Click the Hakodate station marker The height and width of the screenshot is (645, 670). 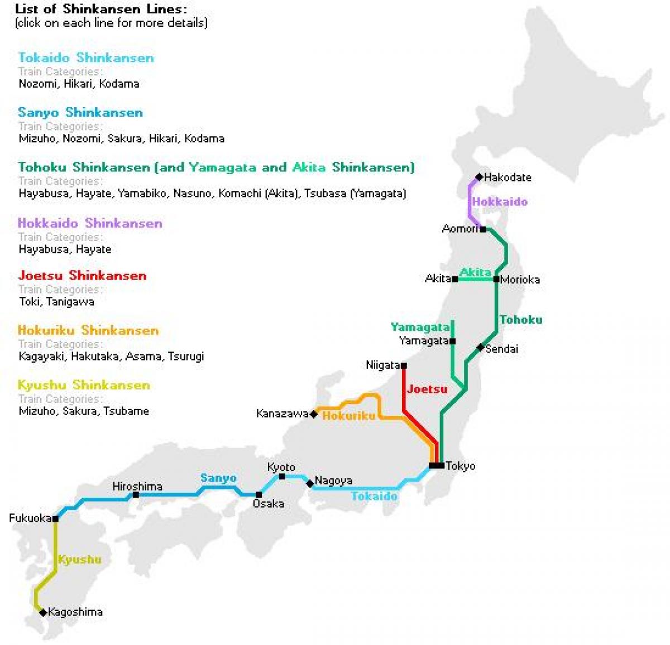coord(479,177)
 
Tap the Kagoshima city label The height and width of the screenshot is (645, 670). coord(75,612)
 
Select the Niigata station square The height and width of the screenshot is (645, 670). coord(404,366)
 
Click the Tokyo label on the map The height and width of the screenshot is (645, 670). coord(461,466)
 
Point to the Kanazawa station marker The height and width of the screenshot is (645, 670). coord(314,414)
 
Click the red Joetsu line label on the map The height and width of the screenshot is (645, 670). coord(427,389)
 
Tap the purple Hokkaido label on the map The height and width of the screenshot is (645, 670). coord(500,202)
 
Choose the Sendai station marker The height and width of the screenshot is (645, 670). coord(480,348)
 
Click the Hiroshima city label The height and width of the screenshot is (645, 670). coord(137,487)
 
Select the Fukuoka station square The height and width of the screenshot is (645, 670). coord(56,519)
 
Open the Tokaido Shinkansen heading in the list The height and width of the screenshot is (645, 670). coord(86,57)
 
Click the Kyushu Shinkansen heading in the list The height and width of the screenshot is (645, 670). coord(84,385)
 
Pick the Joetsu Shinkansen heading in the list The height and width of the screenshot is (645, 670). coord(82,276)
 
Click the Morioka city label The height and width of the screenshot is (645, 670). coord(520,280)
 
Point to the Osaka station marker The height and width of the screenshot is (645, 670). coord(259,494)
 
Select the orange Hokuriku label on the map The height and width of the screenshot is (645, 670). coord(349,416)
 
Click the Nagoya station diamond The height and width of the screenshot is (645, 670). coord(310,484)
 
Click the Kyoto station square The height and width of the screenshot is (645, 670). coord(282,476)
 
